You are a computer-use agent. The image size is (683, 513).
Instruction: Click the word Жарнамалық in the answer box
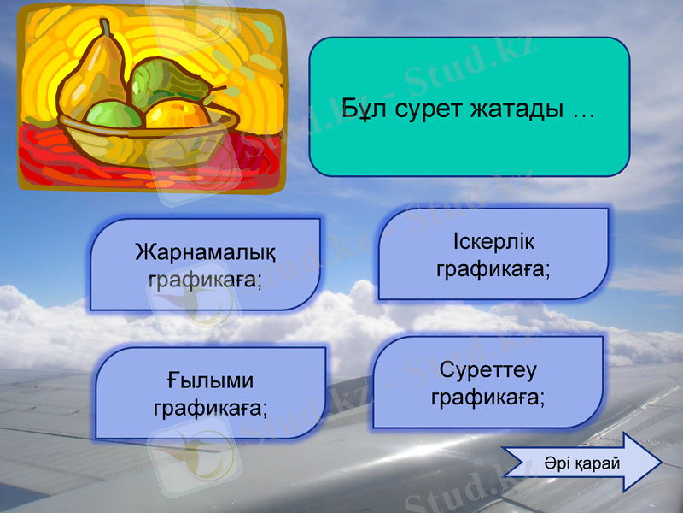[205, 253]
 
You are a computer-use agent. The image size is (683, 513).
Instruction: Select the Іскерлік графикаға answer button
[493, 255]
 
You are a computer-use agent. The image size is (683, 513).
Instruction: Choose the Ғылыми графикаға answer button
[210, 393]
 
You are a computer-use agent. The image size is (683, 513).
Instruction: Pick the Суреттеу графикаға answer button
[487, 383]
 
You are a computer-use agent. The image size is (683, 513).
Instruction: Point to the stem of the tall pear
[108, 29]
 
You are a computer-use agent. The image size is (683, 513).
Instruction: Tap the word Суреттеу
[487, 370]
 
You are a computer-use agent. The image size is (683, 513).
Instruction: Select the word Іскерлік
[493, 242]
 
